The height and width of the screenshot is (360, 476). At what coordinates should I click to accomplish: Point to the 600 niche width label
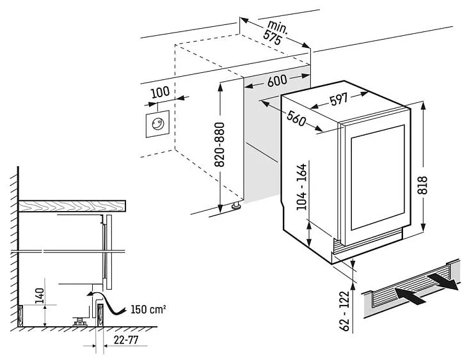pos(276,81)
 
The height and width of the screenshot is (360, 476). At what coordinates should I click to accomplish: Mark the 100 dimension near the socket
pos(160,91)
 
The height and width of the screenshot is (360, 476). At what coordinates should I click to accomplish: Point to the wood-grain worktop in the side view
pos(71,205)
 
